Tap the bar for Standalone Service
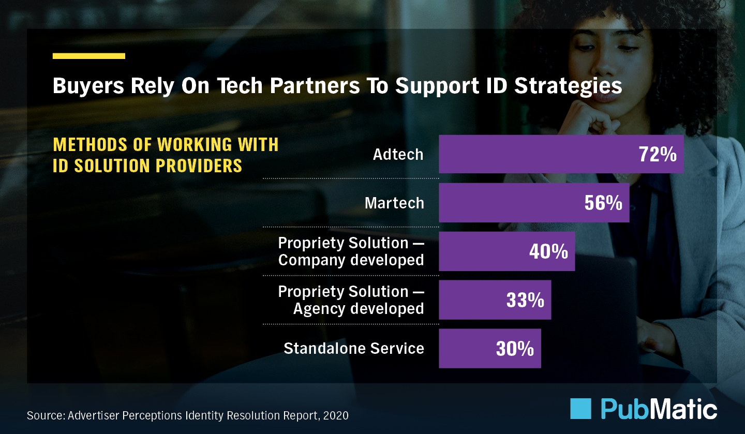click(x=466, y=349)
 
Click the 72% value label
click(x=657, y=154)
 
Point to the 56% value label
click(x=603, y=203)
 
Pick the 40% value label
click(x=548, y=251)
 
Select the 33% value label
click(x=525, y=300)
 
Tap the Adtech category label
click(x=398, y=154)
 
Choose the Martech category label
click(x=394, y=203)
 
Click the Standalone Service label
click(x=354, y=349)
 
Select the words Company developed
click(x=351, y=260)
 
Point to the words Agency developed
click(x=359, y=309)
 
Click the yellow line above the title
click(x=89, y=56)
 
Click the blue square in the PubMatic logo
click(x=580, y=409)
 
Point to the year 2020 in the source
click(x=336, y=415)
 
